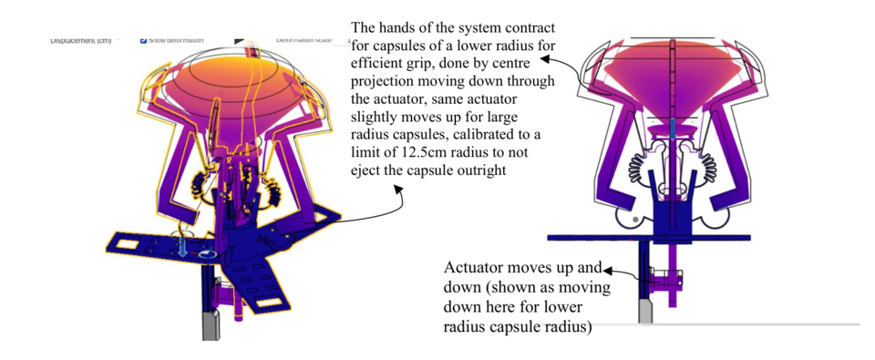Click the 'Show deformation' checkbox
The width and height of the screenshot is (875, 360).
click(x=144, y=40)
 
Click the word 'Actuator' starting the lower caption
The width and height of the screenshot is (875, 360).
click(x=472, y=269)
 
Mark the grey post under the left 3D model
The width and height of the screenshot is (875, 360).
click(x=210, y=324)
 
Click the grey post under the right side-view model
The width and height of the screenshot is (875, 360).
click(x=645, y=311)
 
